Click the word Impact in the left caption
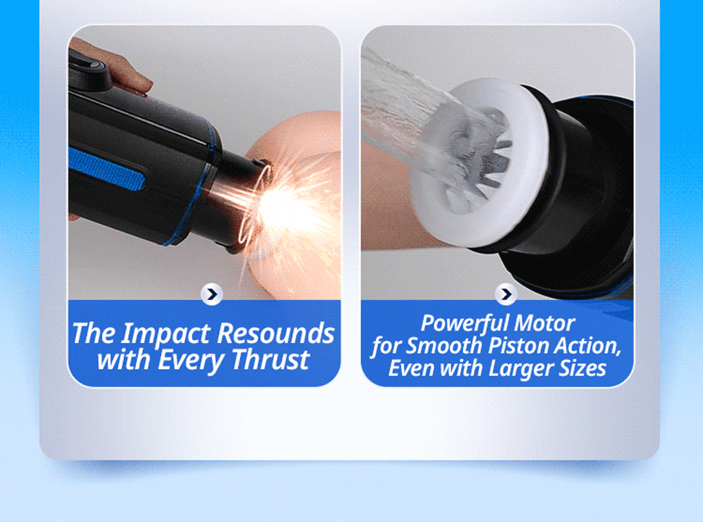coord(165,334)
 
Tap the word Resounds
coord(275,333)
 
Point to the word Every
coord(194,360)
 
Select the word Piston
coord(514,345)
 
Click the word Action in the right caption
coord(585,345)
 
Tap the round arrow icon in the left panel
coord(211,294)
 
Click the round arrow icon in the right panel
coord(505,294)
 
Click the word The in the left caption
coord(94,334)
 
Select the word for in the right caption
coord(385,345)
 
